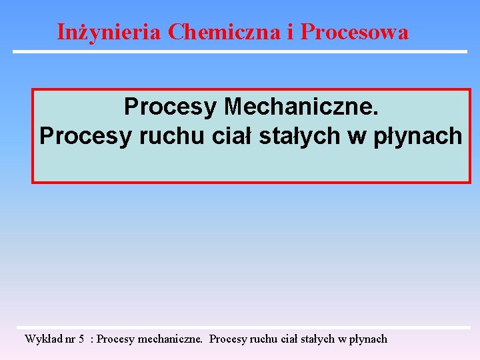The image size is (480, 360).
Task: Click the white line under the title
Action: click(240, 51)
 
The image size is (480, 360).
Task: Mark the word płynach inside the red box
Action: click(415, 135)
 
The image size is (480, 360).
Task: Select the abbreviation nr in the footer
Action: click(71, 339)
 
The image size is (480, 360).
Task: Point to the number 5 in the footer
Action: click(81, 339)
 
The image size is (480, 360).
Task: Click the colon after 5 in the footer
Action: click(92, 339)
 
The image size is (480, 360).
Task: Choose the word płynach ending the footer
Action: click(367, 339)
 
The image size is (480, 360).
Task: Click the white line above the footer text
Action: click(247, 328)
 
